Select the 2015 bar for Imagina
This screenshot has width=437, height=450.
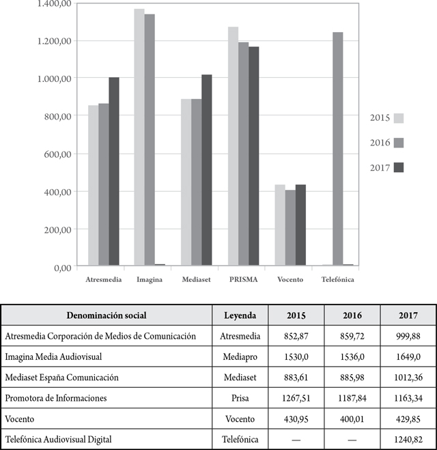pos(139,137)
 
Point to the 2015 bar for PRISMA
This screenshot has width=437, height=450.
pos(233,146)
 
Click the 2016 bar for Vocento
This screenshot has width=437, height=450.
pos(291,228)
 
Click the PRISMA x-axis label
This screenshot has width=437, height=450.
pos(244,280)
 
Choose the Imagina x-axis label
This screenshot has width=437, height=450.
pos(150,280)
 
